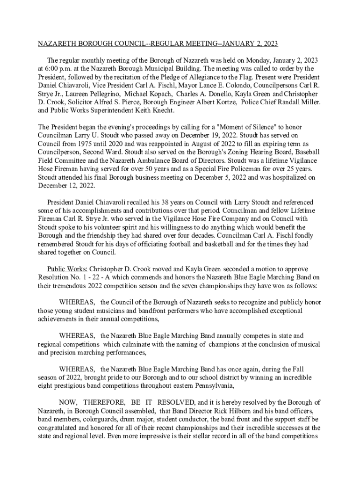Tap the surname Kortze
pos(222,102)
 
